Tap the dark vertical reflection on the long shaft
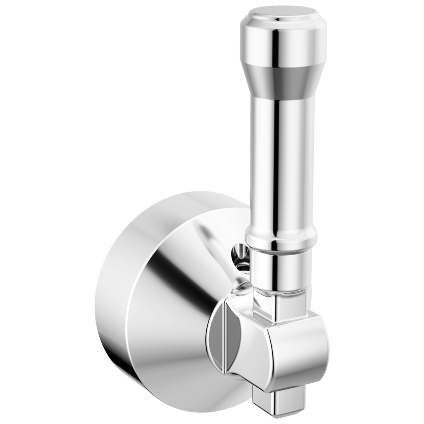coord(276,168)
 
